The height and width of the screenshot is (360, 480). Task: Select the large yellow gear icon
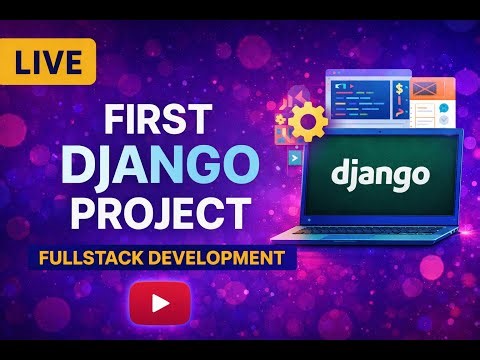coord(308,123)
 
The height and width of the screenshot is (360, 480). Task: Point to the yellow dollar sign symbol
coord(398,89)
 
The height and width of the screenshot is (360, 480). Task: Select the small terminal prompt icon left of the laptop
coord(296,157)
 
